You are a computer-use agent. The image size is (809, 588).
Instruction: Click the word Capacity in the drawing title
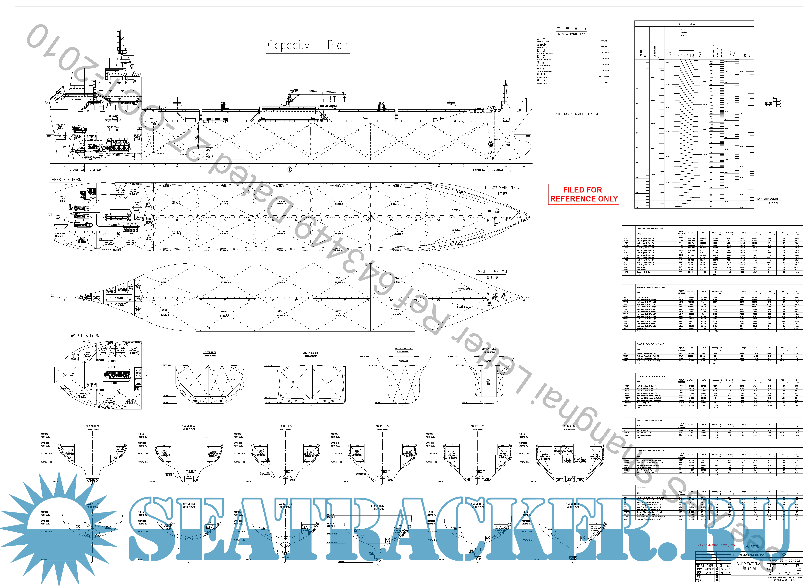point(288,45)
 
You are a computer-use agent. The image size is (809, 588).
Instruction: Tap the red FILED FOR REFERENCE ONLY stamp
point(583,194)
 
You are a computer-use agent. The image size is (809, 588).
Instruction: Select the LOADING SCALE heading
point(686,24)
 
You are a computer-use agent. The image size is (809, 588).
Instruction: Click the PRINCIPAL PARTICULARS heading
point(571,34)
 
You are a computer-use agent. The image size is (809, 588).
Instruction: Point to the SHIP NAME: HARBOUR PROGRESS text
point(579,114)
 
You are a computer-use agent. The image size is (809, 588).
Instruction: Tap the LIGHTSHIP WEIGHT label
point(768,199)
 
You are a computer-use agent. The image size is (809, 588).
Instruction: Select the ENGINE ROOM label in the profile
point(113,127)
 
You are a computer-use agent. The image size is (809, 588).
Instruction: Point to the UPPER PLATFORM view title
point(65,179)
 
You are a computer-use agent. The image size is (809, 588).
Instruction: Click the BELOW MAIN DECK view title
point(502,187)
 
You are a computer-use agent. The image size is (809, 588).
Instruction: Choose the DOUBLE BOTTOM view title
point(492,272)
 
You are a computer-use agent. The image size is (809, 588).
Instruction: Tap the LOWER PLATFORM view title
point(83,336)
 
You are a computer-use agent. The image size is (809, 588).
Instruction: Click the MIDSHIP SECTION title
point(310,353)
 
